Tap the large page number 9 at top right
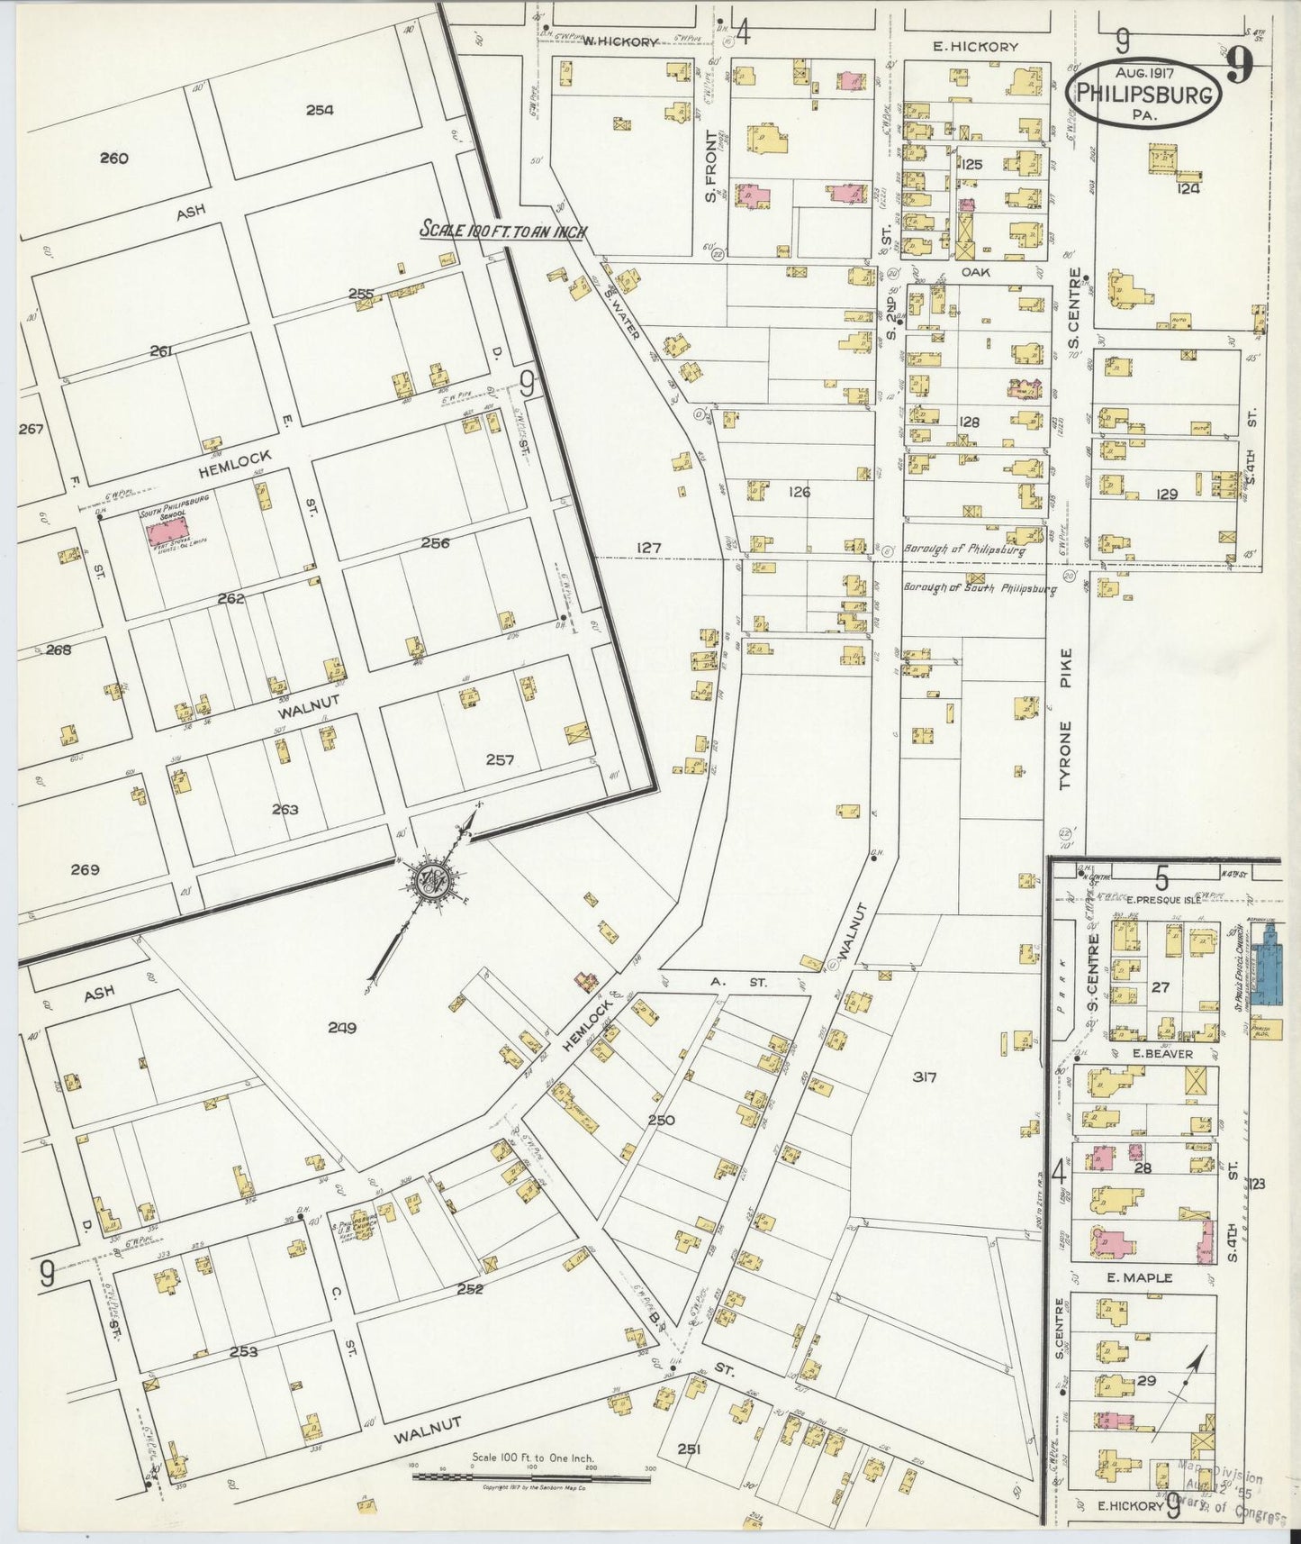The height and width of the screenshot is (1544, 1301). pos(1241,66)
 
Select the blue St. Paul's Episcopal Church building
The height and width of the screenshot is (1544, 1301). pos(1268,965)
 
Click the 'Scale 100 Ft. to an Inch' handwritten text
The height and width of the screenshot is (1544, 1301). pos(503,231)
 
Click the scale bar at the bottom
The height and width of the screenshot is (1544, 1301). pos(531,1476)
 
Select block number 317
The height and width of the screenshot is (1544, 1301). pos(924,1076)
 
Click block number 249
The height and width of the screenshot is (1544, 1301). pos(342,1027)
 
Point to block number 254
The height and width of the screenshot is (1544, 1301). pos(319,110)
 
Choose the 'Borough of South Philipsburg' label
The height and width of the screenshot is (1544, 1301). pos(980,589)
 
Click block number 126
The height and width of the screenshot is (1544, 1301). pos(799,492)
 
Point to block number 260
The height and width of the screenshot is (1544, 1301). pos(113,159)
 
